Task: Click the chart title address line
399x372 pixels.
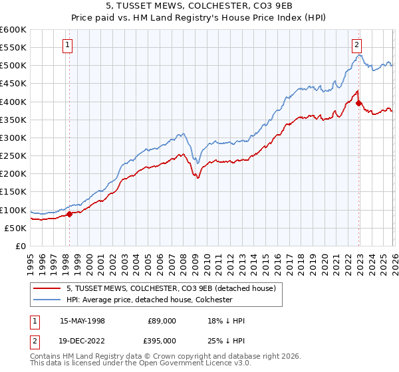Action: [x=199, y=6]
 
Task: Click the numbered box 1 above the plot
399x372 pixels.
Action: [x=68, y=45]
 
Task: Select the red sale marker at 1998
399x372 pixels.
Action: [x=69, y=214]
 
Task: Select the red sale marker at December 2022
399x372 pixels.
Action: [x=358, y=103]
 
